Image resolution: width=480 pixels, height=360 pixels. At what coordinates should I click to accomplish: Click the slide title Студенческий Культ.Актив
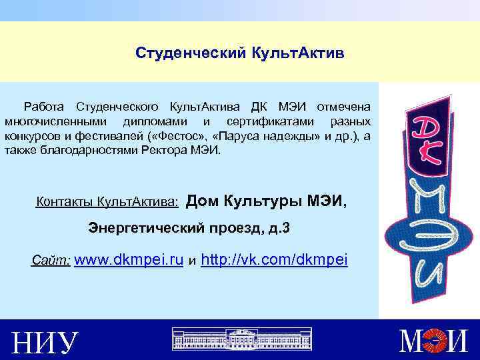click(239, 52)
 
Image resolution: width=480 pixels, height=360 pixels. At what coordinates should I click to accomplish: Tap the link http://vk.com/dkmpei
click(274, 260)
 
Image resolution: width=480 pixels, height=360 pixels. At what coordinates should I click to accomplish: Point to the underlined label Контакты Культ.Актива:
click(107, 201)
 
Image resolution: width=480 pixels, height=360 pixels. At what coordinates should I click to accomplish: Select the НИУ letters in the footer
click(45, 343)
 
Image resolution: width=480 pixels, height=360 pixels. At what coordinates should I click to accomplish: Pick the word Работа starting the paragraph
click(45, 107)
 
